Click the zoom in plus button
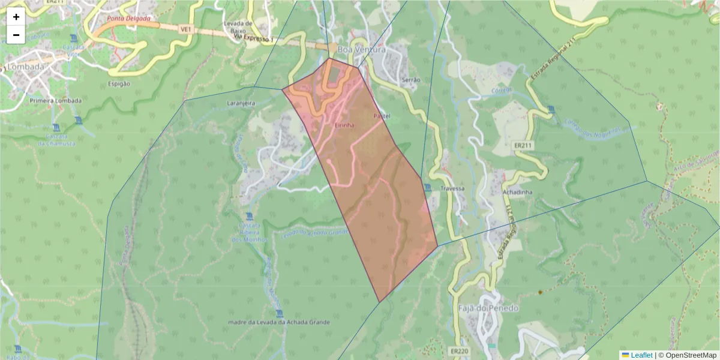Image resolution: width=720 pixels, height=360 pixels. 16,17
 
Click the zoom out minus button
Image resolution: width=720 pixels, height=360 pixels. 16,35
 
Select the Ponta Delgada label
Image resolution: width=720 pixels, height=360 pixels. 128,19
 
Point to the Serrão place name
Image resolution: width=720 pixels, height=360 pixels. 411,79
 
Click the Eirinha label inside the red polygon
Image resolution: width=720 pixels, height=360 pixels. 344,125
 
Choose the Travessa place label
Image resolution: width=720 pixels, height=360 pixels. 452,188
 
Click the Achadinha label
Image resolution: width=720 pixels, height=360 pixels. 518,192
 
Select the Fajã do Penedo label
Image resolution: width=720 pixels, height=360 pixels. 480,308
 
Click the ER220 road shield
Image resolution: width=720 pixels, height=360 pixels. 458,351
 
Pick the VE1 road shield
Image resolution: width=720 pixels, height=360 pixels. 185,29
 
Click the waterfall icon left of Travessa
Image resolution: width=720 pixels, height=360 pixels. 427,188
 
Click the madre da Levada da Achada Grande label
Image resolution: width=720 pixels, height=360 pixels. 279,322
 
